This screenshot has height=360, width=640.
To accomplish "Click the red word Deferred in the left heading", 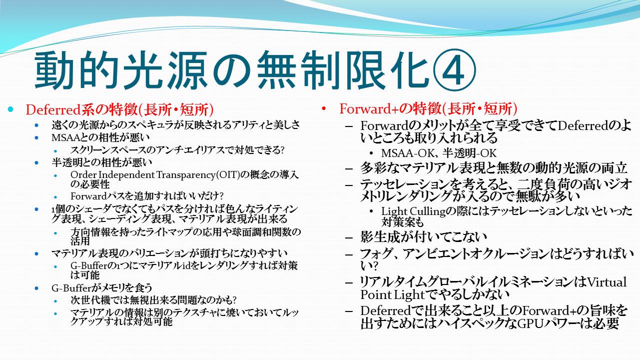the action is point(53,109).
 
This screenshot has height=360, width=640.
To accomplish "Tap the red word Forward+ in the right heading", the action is point(369,109).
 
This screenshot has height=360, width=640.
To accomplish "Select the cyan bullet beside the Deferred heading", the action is point(11,109).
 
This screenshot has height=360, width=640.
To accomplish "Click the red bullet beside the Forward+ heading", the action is point(324,108).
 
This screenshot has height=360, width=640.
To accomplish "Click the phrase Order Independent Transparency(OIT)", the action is point(155,174).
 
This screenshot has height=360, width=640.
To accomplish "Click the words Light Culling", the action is point(414,211).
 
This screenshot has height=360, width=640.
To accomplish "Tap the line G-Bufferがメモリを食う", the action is point(102,287).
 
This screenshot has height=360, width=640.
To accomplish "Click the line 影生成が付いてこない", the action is point(424,237).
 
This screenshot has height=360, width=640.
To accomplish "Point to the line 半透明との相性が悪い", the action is point(102,162).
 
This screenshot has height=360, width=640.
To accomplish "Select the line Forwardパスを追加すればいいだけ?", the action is point(147,196).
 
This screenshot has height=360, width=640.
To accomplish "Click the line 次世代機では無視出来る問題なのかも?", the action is point(154,300).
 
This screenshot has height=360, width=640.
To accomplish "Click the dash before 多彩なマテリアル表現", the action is point(349,168).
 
